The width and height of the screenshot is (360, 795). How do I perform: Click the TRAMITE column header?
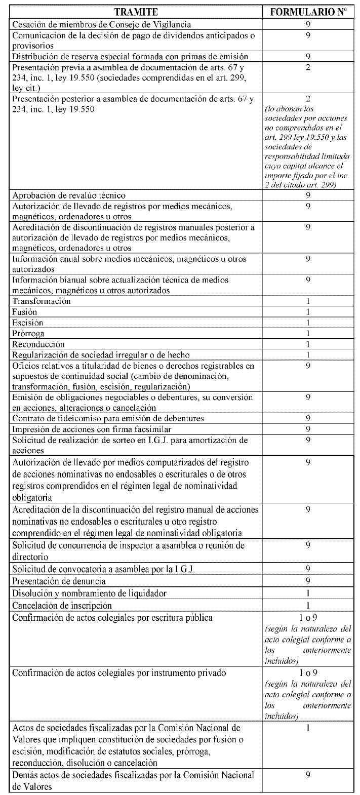(135, 12)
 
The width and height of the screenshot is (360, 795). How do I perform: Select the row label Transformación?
(41, 301)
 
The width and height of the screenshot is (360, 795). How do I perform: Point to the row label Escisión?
(27, 323)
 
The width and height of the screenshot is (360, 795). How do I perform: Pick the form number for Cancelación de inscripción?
(308, 606)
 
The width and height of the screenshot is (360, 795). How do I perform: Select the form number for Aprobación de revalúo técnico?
(308, 195)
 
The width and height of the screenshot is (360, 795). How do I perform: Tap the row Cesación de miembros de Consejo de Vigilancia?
(101, 24)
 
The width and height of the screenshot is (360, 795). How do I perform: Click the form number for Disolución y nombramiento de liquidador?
(308, 593)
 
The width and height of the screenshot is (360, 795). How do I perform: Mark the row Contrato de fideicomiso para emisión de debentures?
(108, 418)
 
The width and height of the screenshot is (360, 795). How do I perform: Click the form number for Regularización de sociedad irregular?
(308, 354)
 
